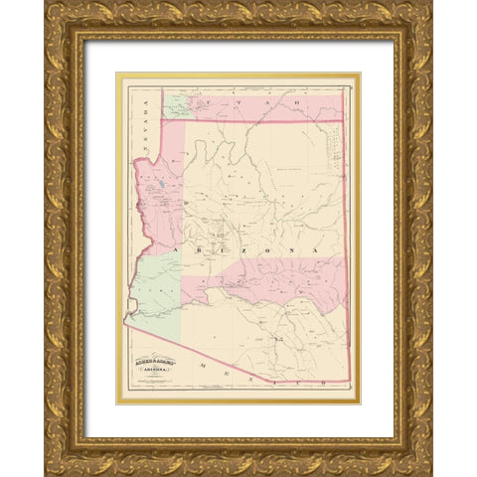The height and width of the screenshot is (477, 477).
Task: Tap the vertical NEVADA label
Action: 140,124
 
